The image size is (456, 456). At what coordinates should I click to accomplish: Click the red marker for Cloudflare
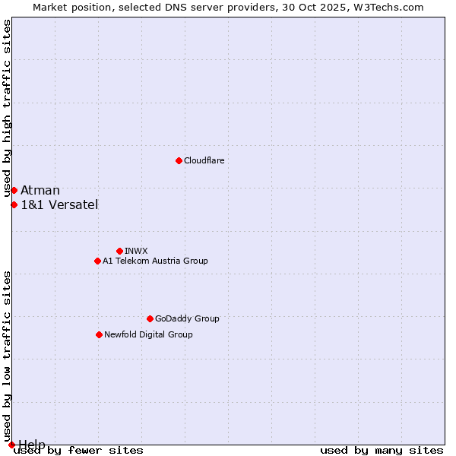[x=179, y=160]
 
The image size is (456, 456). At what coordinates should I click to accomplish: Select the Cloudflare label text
[x=204, y=160]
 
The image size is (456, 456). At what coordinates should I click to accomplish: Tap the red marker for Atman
[x=14, y=190]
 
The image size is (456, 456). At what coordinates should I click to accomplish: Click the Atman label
[x=40, y=190]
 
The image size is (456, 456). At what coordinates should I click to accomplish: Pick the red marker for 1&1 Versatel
[x=14, y=204]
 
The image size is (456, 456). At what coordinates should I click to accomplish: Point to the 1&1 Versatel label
[x=59, y=204]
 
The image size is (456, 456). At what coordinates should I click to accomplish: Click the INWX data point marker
[x=119, y=251]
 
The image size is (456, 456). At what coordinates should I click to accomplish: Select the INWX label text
[x=137, y=251]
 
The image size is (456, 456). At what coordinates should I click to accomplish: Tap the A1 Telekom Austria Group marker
[x=97, y=261]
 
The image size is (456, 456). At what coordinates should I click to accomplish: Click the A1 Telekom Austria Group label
[x=155, y=261]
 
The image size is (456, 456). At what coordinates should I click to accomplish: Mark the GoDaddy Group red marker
[x=150, y=318]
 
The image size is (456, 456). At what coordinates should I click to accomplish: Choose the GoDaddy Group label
[x=187, y=318]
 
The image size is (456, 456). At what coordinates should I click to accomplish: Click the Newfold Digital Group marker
[x=99, y=334]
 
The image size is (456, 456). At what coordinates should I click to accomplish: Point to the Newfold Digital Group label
[x=148, y=334]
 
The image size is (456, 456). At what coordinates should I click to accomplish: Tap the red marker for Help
[x=11, y=445]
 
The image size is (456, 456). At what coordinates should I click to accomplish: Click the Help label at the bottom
[x=32, y=445]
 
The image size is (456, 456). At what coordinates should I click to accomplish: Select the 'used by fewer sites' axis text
[x=78, y=450]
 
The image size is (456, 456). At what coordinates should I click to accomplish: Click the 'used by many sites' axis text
[x=382, y=450]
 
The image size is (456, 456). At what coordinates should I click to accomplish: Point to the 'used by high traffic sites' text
[x=8, y=109]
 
